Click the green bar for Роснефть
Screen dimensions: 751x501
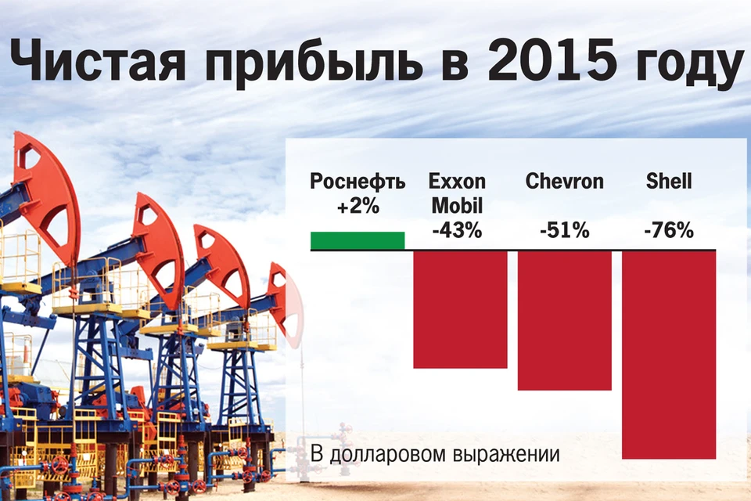[358, 240]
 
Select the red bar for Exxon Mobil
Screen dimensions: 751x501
[460, 309]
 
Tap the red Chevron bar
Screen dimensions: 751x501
[565, 320]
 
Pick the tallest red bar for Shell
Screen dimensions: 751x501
[669, 355]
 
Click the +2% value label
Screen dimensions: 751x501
[358, 207]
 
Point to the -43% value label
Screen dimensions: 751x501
[457, 231]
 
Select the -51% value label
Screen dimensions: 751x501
[565, 231]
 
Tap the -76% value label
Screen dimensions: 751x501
[669, 231]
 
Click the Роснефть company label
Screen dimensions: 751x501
[358, 182]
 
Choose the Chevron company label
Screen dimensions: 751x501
[565, 182]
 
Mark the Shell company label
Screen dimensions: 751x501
[669, 182]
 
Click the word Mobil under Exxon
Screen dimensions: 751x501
[457, 206]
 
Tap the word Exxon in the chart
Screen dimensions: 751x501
[457, 182]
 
